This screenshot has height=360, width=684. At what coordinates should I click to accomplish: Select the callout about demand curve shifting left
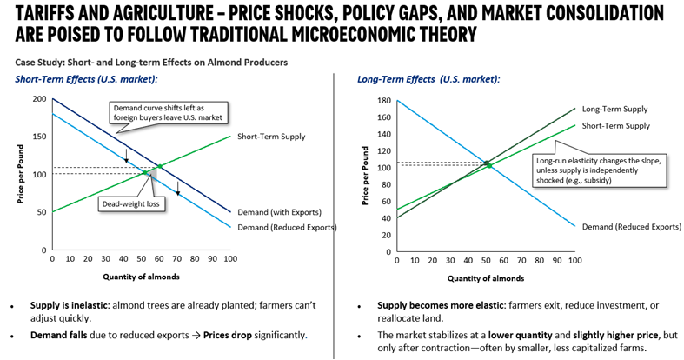[167, 112]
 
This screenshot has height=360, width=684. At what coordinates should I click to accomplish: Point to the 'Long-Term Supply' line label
[614, 110]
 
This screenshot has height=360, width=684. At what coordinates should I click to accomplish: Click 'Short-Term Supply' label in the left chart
[271, 137]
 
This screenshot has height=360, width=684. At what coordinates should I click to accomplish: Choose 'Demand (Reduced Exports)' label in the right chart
[631, 226]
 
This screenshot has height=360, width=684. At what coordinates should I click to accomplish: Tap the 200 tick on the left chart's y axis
[40, 99]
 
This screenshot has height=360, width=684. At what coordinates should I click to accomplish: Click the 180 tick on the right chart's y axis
[383, 101]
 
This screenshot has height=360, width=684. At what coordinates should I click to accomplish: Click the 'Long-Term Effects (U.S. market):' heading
[428, 79]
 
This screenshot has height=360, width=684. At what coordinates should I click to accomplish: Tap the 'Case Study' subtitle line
[151, 62]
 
